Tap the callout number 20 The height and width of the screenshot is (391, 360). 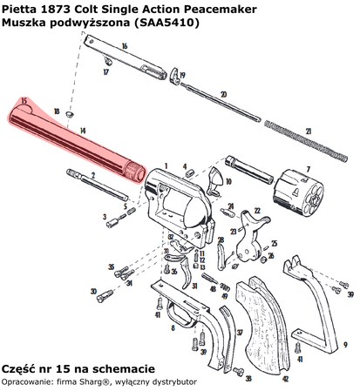pyautogui.click(x=223, y=93)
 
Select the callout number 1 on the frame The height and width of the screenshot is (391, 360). pyautogui.click(x=164, y=163)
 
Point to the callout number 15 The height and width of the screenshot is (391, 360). pyautogui.click(x=24, y=103)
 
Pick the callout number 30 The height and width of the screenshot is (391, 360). pyautogui.click(x=93, y=291)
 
